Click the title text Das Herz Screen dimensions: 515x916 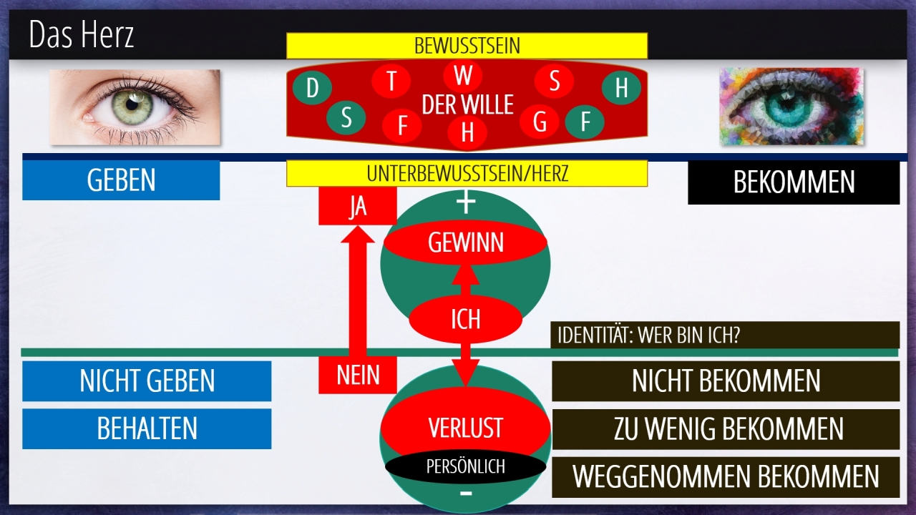pos(82,35)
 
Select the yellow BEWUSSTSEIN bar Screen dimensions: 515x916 pos(467,46)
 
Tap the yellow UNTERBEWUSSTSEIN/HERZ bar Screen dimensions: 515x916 pos(467,173)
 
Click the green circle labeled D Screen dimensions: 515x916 pos(312,89)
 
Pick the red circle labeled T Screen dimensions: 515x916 pos(391,81)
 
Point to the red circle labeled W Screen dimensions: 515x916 pos(463,74)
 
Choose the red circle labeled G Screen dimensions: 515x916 pos(540,122)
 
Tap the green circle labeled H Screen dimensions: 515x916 pos(621,88)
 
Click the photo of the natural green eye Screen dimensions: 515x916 pos(135,107)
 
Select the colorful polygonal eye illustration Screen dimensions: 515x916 pos(791,107)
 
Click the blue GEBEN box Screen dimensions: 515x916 pos(121,180)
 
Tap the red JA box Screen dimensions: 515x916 pos(357,206)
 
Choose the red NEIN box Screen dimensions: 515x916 pos(357,375)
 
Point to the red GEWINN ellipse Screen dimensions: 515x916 pos(465,243)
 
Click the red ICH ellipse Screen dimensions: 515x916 pos(465,319)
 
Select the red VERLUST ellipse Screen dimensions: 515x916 pos(465,428)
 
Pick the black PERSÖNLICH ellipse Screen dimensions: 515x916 pos(465,467)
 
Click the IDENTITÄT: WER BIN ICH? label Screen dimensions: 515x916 pos(725,335)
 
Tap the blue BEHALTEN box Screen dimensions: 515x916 pos(147,428)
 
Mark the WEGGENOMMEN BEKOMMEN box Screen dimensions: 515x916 pos(726,477)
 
